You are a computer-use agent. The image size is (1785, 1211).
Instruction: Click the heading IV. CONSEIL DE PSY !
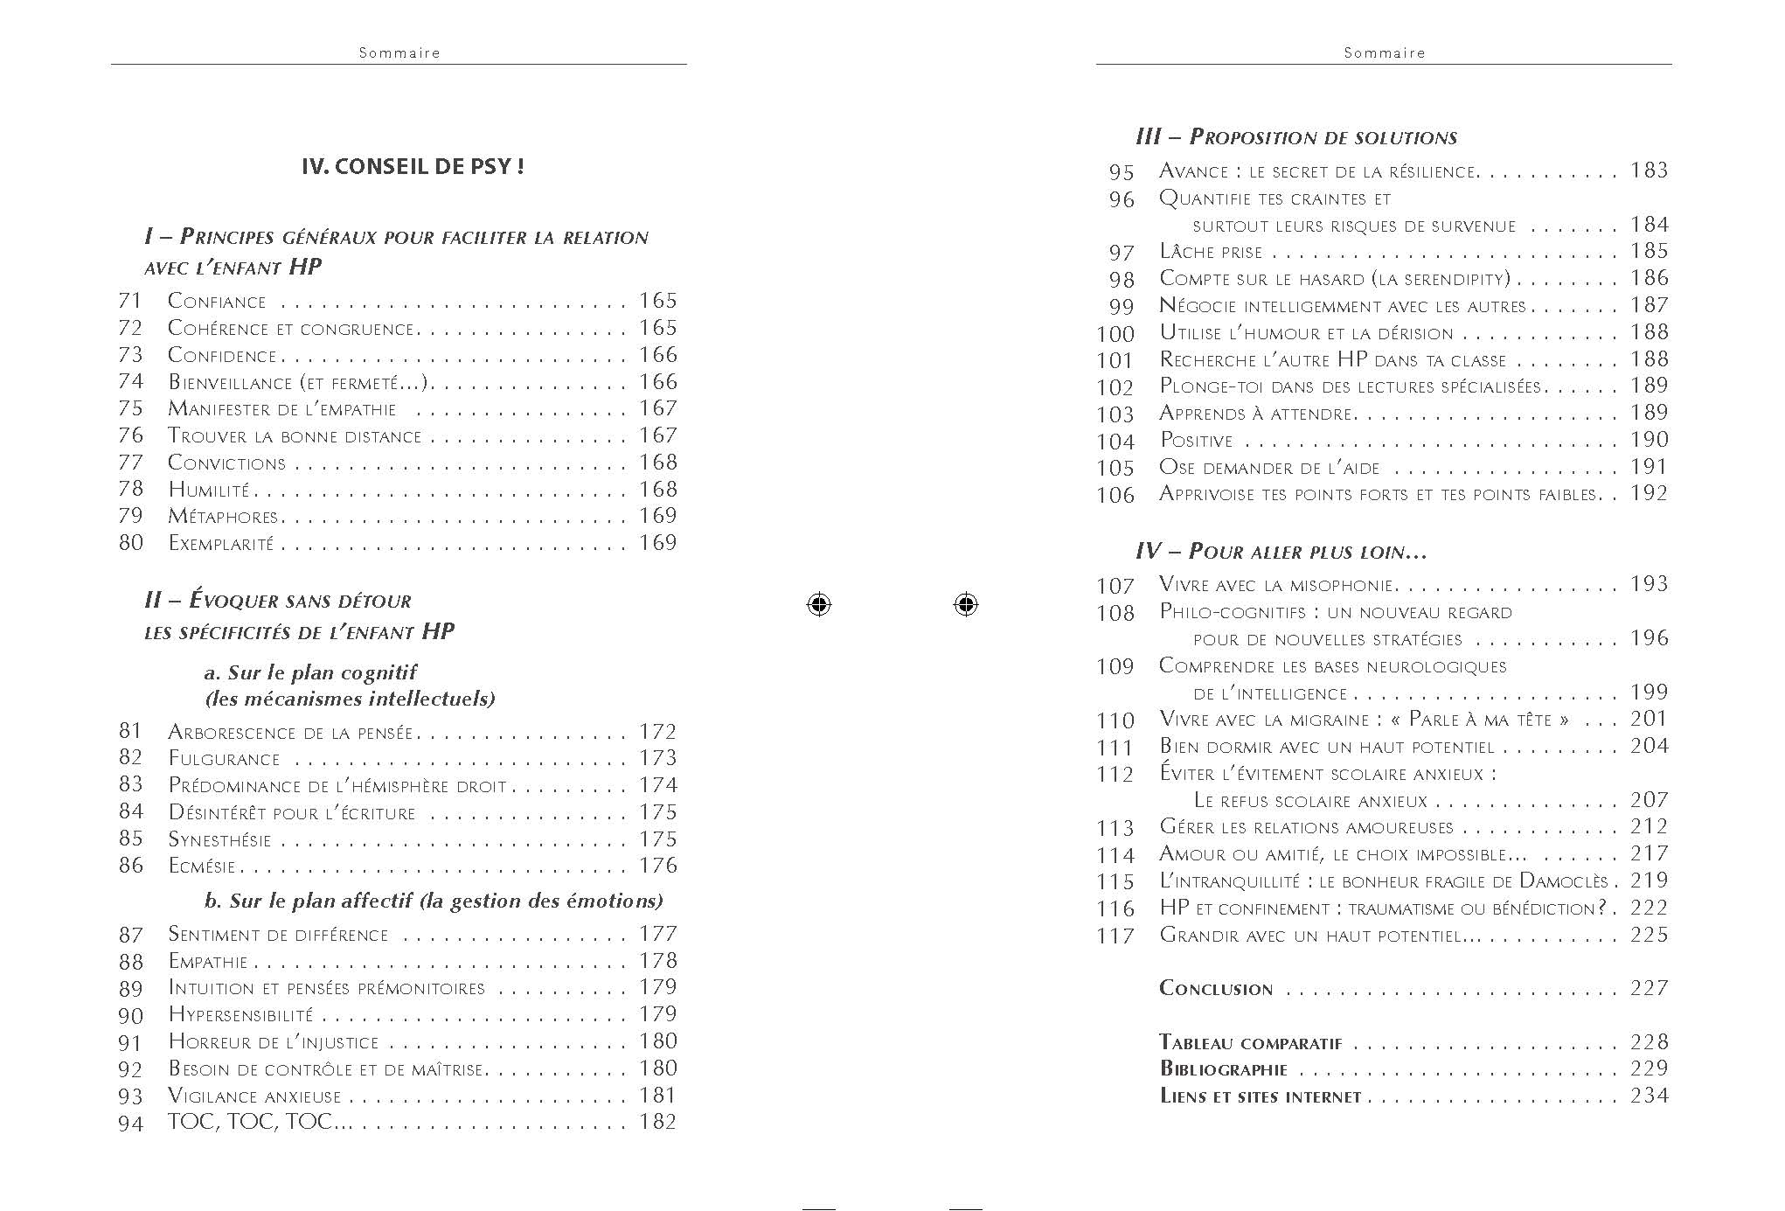pos(413,166)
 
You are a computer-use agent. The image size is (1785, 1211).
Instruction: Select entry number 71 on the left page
pos(130,301)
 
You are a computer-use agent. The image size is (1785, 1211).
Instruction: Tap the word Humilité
pos(209,490)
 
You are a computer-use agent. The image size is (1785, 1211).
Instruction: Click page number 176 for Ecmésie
pos(658,866)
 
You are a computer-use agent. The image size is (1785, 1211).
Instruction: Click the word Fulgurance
pos(224,759)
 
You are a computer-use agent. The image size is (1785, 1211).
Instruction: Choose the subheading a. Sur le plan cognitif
pos(309,672)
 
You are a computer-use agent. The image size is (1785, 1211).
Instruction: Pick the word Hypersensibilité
pos(240,1015)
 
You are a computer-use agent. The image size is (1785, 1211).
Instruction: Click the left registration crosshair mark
pos(818,604)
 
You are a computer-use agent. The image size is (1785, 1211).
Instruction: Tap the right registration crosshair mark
pos(965,604)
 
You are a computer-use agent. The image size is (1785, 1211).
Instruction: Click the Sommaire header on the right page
pos(1384,52)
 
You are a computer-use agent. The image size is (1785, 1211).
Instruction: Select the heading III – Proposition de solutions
pos(1296,137)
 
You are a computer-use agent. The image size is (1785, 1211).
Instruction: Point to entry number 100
pos(1115,334)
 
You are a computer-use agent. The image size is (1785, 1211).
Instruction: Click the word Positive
pos(1196,441)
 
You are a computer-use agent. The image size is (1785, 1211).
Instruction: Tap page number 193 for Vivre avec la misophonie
pos(1649,584)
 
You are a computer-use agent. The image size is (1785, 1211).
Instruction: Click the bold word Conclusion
pos(1215,989)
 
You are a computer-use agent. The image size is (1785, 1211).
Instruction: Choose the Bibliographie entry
pos(1223,1069)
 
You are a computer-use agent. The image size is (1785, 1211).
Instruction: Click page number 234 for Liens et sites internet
pos(1649,1096)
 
